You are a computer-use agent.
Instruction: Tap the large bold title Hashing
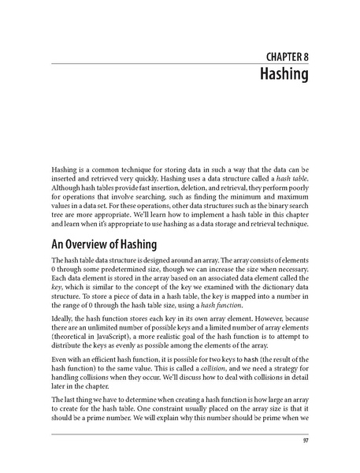(x=284, y=76)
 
